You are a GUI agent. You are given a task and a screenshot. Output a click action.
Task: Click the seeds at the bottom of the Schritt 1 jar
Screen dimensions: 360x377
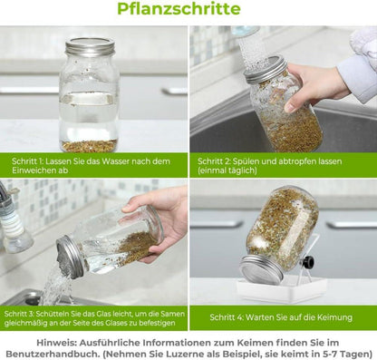pos(88,144)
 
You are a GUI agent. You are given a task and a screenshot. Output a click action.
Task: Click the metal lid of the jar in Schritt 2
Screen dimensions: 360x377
pos(265,69)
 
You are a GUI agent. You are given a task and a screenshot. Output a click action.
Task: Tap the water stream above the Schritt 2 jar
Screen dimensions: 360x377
pos(253,45)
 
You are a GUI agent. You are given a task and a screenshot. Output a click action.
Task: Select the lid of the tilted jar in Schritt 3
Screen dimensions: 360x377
pos(71,256)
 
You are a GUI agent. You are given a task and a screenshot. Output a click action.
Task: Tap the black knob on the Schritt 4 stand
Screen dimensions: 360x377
pos(308,262)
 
